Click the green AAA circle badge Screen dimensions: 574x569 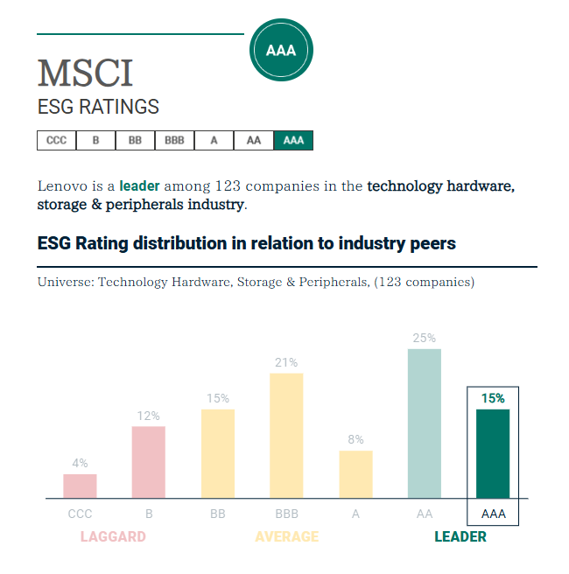(x=281, y=50)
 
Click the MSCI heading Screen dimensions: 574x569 (x=85, y=73)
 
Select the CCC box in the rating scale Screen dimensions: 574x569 (x=56, y=140)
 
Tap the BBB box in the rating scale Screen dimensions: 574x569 (x=174, y=140)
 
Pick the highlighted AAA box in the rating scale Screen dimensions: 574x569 (x=293, y=140)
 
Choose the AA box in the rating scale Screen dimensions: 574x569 (x=254, y=140)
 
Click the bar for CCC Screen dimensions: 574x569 (x=80, y=486)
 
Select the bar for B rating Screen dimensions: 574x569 (x=149, y=462)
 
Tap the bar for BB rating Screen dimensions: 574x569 (x=218, y=453)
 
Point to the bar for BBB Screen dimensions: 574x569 (x=286, y=436)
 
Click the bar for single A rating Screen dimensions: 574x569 (x=355, y=474)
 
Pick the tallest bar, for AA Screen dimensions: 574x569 (x=425, y=423)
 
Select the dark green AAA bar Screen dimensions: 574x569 (x=493, y=453)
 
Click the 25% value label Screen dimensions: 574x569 (x=425, y=338)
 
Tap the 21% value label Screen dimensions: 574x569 (x=286, y=362)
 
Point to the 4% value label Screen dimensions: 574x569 (x=80, y=463)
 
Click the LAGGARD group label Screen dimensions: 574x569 (x=113, y=536)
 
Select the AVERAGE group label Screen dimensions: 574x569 (x=286, y=536)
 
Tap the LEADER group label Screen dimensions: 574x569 (x=460, y=536)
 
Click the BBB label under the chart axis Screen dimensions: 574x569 (x=286, y=514)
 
